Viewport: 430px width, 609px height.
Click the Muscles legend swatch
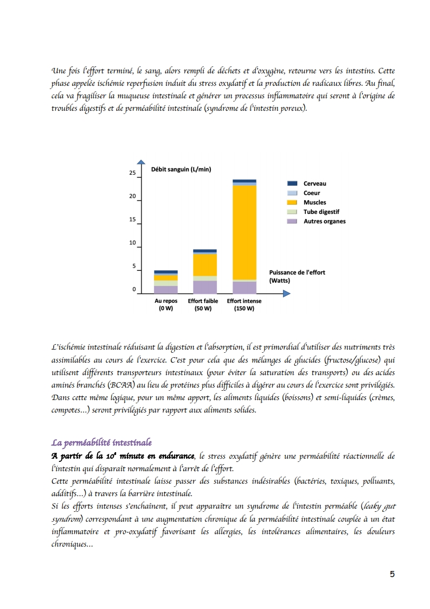click(x=292, y=202)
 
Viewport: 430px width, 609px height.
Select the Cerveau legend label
click(x=315, y=183)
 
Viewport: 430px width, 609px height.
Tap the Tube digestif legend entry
click(x=321, y=212)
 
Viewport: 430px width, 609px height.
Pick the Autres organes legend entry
click(x=324, y=221)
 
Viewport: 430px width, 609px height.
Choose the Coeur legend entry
click(x=312, y=193)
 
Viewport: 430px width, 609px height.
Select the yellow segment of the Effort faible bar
click(x=205, y=265)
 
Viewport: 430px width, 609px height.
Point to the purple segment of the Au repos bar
click(x=166, y=290)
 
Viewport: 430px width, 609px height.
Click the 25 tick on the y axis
click(x=132, y=173)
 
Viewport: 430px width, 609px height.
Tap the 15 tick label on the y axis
click(x=132, y=220)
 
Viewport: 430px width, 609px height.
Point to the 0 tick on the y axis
click(x=133, y=290)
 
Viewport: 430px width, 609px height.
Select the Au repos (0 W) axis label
click(x=166, y=304)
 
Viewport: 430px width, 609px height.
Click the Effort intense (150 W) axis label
click(x=244, y=304)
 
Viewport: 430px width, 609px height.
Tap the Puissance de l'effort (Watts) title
click(x=297, y=276)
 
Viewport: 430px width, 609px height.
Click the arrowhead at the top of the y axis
click(x=141, y=162)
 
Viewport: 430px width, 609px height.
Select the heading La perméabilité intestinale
click(x=101, y=443)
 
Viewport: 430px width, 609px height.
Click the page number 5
click(x=392, y=575)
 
